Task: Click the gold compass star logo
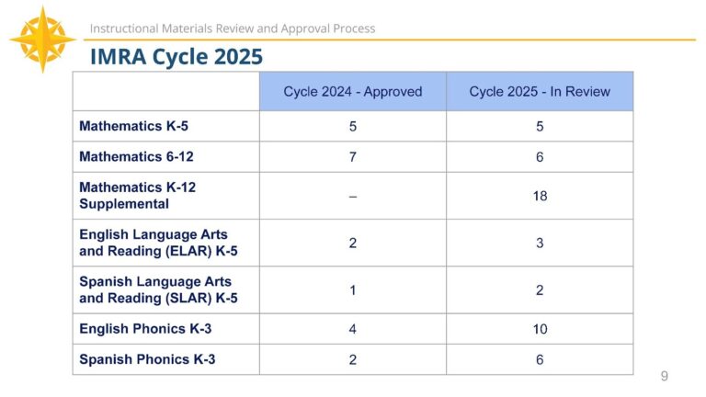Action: pos(42,40)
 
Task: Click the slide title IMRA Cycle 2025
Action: pos(176,57)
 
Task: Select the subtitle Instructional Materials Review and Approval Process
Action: pos(233,28)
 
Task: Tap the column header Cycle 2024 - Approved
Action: pos(353,92)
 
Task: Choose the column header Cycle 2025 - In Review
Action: pos(540,92)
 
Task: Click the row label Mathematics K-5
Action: pos(133,126)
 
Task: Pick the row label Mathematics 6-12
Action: pos(136,157)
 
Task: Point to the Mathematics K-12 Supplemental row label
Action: pos(138,195)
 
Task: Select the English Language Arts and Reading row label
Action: pos(154,243)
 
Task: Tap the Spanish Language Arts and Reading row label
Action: pos(155,289)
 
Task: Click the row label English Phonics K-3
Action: pos(145,329)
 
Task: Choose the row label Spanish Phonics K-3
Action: pos(147,359)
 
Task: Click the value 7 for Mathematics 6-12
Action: pos(353,157)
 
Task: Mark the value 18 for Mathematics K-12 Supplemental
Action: pos(540,196)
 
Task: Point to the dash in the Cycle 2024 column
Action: pos(353,196)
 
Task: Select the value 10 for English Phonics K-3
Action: pos(540,329)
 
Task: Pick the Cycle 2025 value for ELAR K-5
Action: pos(540,244)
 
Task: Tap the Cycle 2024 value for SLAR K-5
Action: pos(353,290)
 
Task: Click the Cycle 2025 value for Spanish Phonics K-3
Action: pos(540,359)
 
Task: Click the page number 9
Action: pos(665,376)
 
